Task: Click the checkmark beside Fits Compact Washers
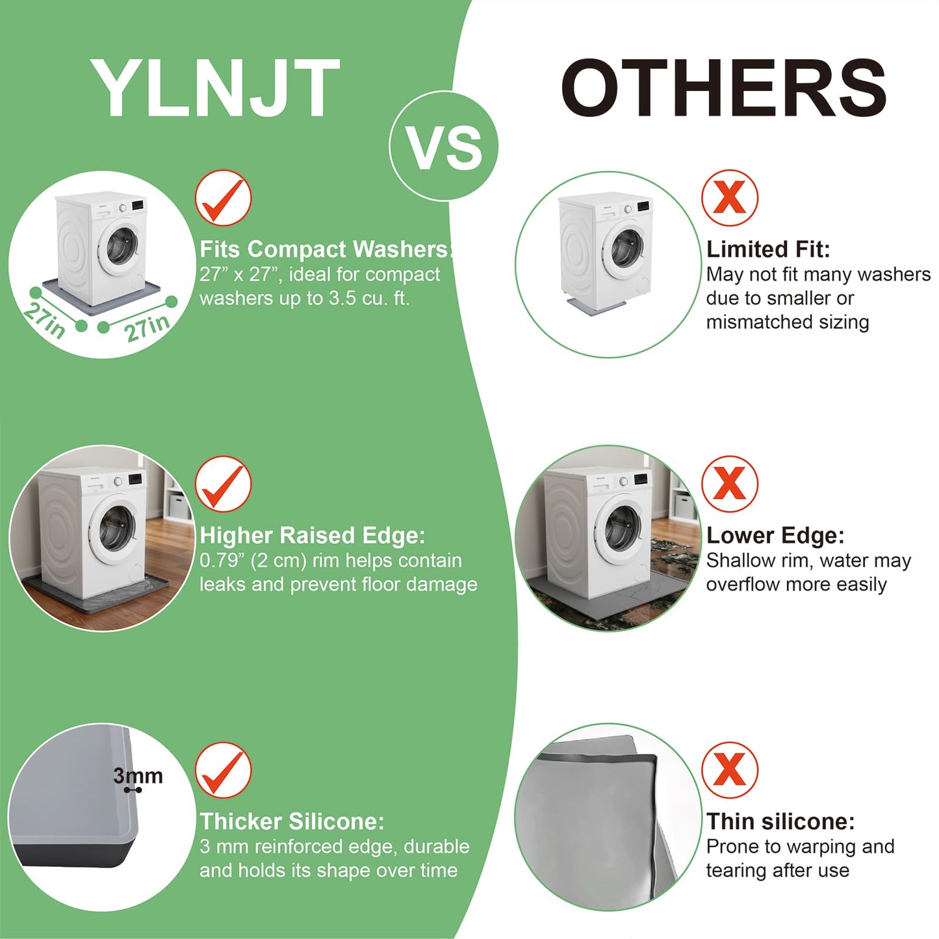tap(223, 198)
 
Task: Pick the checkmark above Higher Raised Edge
tap(223, 484)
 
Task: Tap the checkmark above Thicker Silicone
tap(223, 771)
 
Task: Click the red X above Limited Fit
tap(730, 198)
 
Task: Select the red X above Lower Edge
tap(730, 483)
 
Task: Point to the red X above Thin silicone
tap(730, 770)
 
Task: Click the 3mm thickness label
tap(138, 776)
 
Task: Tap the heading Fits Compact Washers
tap(326, 250)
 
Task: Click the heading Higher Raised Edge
tap(313, 535)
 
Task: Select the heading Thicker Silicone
tap(292, 821)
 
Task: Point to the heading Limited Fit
tap(768, 250)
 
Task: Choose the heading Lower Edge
tap(775, 535)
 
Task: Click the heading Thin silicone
tap(780, 821)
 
